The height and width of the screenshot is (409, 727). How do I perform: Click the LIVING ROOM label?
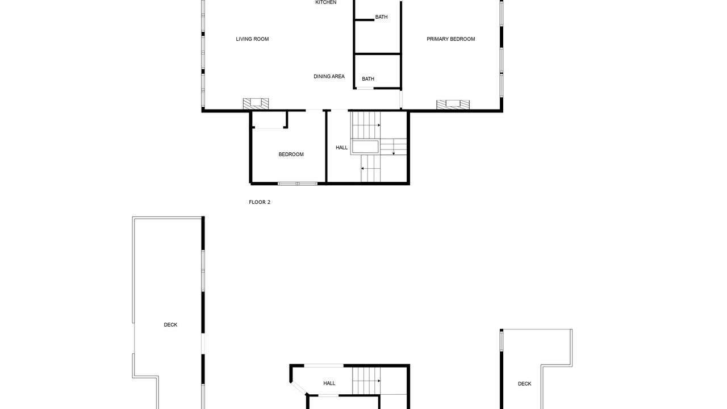click(252, 39)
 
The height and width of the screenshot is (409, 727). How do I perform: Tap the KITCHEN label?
click(326, 2)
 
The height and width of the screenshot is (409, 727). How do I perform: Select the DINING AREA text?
click(329, 76)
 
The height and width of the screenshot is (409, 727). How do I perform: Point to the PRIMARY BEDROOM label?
click(451, 39)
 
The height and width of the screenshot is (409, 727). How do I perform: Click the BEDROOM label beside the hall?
click(291, 154)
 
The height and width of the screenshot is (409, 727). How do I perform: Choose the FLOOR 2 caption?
click(260, 202)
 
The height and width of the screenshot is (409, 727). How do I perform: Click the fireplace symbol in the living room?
click(256, 103)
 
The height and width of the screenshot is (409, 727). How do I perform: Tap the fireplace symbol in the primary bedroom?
click(453, 105)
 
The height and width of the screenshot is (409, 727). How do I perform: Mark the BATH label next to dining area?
click(368, 79)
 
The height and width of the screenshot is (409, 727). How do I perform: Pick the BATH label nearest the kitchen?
click(381, 17)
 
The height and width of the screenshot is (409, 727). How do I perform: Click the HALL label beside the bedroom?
click(342, 147)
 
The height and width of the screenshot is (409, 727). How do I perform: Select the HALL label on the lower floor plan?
click(329, 383)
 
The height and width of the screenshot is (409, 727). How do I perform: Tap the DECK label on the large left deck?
click(170, 324)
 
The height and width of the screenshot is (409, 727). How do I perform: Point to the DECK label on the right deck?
click(524, 383)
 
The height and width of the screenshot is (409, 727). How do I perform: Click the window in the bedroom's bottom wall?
click(298, 183)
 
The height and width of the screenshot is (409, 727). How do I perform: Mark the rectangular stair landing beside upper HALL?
click(365, 147)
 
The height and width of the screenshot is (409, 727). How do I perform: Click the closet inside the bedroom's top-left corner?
click(269, 120)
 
